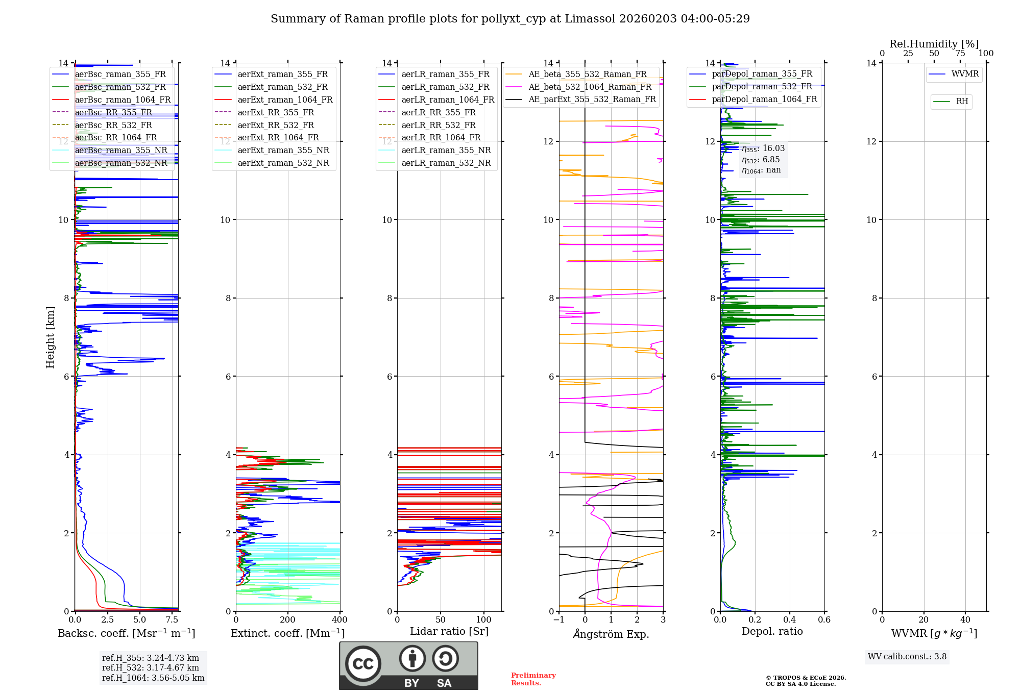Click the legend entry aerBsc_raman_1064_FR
click(x=123, y=100)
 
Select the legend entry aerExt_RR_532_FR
click(x=276, y=126)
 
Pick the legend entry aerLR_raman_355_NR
click(x=446, y=151)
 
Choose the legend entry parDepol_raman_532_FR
click(x=762, y=87)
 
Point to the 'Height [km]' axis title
click(x=50, y=337)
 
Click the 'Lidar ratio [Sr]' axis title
click(x=449, y=632)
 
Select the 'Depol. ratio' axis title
click(x=772, y=632)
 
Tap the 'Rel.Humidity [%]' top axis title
click(x=934, y=44)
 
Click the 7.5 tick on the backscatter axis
click(x=172, y=620)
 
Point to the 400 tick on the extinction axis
click(x=339, y=620)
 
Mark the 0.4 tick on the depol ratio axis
click(x=790, y=620)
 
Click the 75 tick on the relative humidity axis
click(x=960, y=54)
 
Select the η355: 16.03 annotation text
click(x=763, y=148)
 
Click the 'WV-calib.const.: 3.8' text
click(x=907, y=657)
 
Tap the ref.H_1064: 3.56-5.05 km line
click(x=153, y=678)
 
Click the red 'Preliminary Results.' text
click(x=533, y=679)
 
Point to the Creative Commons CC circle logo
click(x=363, y=664)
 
